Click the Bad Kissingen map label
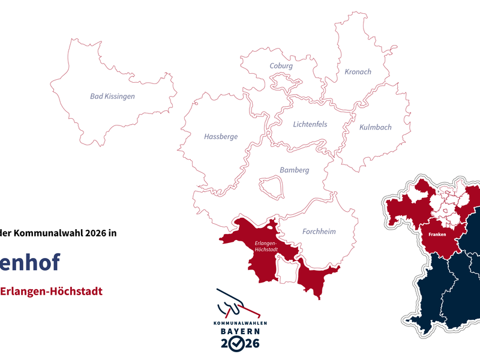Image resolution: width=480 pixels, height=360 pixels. click(112, 96)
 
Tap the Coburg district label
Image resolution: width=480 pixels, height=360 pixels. click(281, 66)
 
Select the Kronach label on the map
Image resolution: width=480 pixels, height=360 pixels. click(358, 71)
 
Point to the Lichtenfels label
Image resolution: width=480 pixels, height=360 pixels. click(310, 124)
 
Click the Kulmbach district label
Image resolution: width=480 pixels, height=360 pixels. click(375, 127)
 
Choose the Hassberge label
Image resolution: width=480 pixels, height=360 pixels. click(221, 136)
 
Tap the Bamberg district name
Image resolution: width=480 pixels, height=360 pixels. click(294, 170)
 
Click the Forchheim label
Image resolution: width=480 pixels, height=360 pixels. click(319, 231)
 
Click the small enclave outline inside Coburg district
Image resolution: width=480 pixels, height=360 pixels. click(281, 80)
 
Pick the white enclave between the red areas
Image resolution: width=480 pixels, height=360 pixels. click(286, 269)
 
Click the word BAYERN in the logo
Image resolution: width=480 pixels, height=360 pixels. click(239, 331)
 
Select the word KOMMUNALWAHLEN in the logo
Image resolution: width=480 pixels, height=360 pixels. click(240, 323)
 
